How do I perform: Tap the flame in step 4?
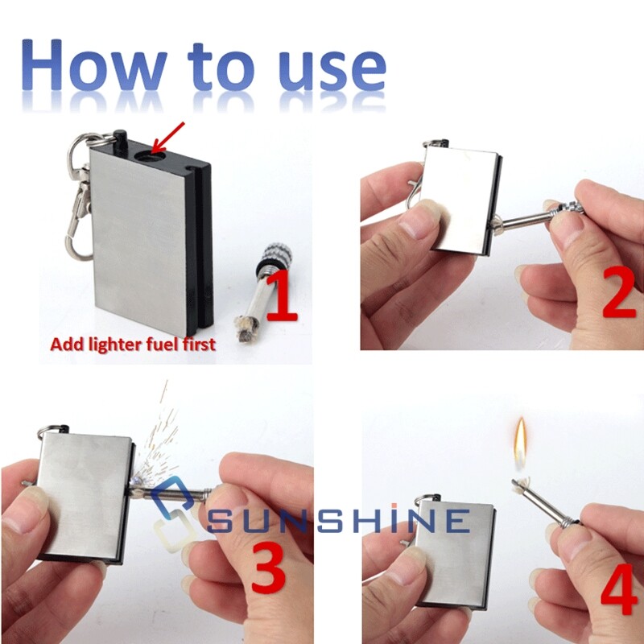pyautogui.click(x=522, y=444)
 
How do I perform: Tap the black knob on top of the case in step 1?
pyautogui.click(x=121, y=138)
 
